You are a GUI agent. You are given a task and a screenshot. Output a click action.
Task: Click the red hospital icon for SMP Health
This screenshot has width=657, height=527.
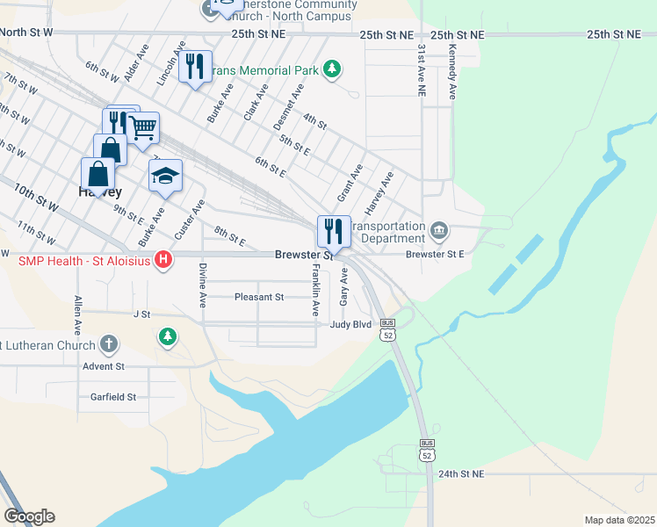[162, 260]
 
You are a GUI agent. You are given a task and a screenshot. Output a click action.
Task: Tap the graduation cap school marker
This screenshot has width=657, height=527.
[165, 177]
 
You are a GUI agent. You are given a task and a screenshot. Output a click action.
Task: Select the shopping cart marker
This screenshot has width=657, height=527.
[143, 128]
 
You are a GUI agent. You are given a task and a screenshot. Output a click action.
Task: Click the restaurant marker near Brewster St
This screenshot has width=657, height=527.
[334, 232]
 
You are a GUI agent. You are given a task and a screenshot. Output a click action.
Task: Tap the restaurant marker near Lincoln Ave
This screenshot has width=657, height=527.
[195, 66]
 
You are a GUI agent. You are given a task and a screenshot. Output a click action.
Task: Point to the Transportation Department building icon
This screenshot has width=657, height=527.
[438, 232]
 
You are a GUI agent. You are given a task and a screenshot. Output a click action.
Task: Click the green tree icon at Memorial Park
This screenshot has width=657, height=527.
[331, 69]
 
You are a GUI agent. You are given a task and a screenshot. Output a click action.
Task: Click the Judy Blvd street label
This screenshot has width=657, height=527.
[351, 324]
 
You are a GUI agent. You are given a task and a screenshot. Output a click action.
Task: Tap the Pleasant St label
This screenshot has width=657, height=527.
[259, 297]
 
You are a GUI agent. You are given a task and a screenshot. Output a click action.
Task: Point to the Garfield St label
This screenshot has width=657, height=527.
[113, 397]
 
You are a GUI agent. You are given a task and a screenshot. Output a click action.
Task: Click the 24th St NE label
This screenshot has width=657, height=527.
[459, 473]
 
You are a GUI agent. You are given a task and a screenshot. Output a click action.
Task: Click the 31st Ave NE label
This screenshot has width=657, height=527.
[422, 71]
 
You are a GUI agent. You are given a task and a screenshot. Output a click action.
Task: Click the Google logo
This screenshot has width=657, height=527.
[29, 516]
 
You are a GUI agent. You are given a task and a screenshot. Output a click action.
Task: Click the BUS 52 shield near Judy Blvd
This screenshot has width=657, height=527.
[388, 329]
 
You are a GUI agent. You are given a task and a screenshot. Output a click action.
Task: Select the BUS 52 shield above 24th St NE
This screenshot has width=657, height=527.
[427, 450]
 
